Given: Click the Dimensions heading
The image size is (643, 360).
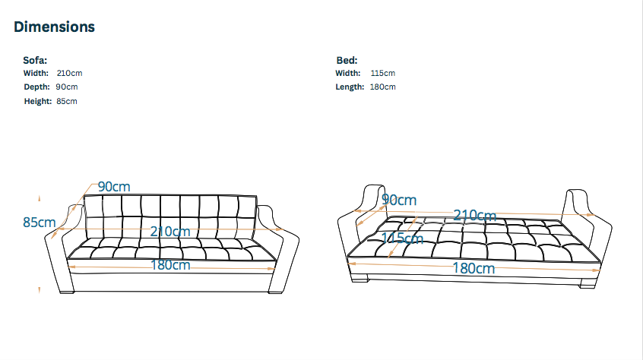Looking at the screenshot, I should point(54,27).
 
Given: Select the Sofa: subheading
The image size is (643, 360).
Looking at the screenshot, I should point(35,60).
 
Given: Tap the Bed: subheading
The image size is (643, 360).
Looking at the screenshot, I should point(347,60).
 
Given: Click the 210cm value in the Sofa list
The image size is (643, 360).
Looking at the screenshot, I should point(69,74).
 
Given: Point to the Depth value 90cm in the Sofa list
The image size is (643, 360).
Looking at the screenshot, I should point(67,87).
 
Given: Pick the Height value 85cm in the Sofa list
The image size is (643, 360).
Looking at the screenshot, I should point(66,101).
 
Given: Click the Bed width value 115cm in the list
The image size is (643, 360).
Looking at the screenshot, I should point(382,74).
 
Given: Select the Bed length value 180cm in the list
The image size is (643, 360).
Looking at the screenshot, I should point(383,87).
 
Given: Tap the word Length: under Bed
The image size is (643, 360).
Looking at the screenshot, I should point(350,87).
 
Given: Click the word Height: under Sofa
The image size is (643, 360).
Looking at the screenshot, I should point(38,101).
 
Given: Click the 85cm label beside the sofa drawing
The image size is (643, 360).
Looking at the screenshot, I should point(40,223).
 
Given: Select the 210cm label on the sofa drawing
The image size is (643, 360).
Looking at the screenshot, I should point(170,231).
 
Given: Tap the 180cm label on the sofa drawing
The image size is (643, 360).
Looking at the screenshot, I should point(169,265).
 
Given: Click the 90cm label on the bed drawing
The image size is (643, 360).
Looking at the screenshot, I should point(399,200).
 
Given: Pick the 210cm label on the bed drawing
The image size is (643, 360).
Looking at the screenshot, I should point(474,216).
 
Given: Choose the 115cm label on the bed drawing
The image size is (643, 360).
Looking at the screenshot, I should point(402,238).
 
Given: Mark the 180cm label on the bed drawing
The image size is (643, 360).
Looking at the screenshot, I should point(474,268).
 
